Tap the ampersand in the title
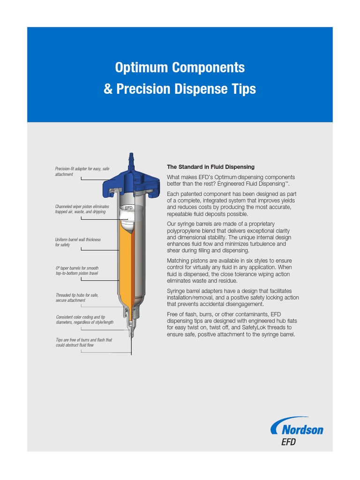108,89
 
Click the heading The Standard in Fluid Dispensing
210,167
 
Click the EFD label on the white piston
129,207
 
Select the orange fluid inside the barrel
124,262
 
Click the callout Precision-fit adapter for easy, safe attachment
82,172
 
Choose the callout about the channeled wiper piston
82,209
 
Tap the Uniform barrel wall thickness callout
78,242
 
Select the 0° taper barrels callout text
77,270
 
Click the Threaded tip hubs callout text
77,298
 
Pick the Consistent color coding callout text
84,320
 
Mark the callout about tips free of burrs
83,342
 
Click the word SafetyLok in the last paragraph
256,328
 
